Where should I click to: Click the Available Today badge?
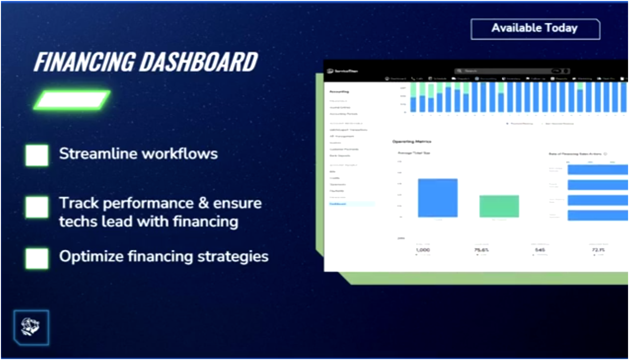[x=535, y=28]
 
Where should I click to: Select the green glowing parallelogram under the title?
[x=72, y=100]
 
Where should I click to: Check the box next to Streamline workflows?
[x=37, y=155]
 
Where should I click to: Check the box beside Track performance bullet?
[x=37, y=207]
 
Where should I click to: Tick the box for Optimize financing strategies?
[x=37, y=258]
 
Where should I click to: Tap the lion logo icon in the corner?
[x=31, y=327]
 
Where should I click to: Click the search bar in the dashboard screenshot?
[x=503, y=71]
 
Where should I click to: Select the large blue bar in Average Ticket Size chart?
[x=437, y=198]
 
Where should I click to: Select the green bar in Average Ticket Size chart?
[x=499, y=206]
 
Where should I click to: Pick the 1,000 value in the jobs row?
[x=422, y=249]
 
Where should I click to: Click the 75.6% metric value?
[x=481, y=249]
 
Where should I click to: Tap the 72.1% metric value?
[x=599, y=249]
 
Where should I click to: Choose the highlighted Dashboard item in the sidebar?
[x=338, y=204]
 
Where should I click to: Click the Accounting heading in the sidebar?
[x=339, y=92]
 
